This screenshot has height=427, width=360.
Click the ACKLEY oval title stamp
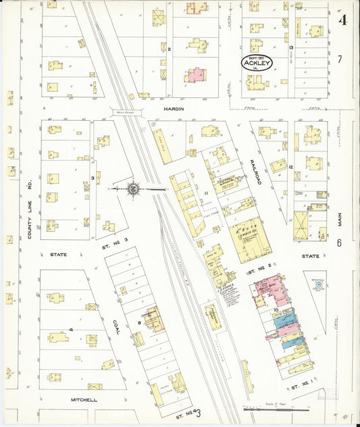pos(256,64)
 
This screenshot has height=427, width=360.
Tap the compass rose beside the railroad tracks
pos(133,189)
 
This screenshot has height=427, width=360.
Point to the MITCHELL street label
pos(84,399)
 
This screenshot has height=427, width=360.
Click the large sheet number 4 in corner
pos(343,20)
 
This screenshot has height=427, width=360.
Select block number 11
pos(205,193)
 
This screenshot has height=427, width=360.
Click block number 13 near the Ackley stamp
pos(290,49)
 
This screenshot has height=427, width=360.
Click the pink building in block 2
pos(196,74)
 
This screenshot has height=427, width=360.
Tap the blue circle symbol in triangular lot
pos(318,285)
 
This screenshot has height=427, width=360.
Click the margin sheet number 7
pos(340,59)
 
